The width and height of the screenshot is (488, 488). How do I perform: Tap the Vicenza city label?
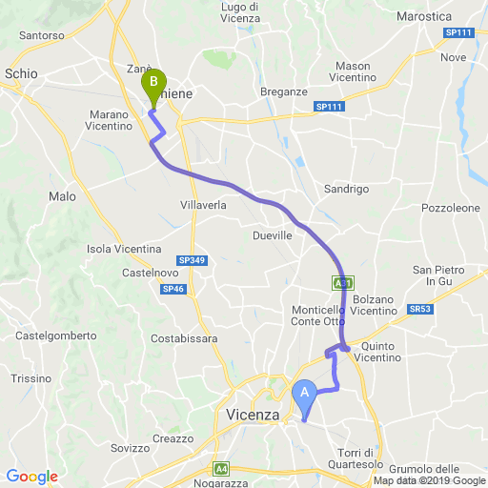click(x=254, y=415)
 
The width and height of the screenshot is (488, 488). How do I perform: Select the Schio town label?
click(x=21, y=72)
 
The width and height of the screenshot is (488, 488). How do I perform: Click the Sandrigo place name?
click(x=346, y=189)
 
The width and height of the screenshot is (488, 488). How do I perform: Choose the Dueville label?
click(x=273, y=234)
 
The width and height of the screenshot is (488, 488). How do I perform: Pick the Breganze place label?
click(x=284, y=91)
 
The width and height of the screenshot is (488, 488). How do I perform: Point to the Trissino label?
click(x=30, y=378)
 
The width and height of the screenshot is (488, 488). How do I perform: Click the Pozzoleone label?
click(x=451, y=207)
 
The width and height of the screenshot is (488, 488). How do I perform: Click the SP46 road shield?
click(x=173, y=289)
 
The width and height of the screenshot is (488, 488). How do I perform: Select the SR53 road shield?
click(x=420, y=309)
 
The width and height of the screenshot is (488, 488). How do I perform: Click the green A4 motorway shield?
click(x=221, y=468)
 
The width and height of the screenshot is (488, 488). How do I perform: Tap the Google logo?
click(x=31, y=477)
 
